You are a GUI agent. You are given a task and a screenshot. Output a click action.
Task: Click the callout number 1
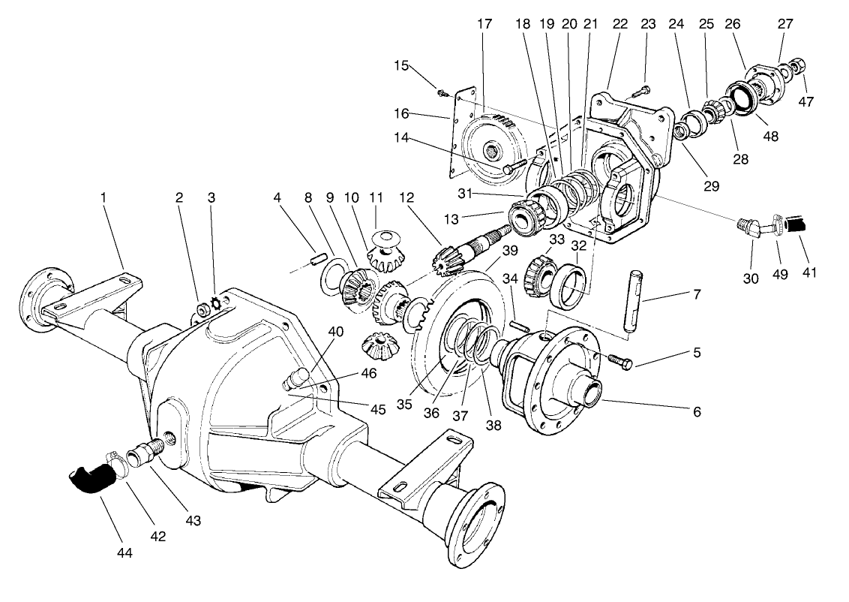point(103,197)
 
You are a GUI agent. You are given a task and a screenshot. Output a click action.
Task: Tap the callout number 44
point(124,553)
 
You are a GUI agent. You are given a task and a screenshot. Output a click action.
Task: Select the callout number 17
point(484,24)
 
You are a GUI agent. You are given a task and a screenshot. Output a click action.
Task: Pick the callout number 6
point(697,412)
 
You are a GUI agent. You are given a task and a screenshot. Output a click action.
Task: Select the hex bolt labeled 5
point(619,361)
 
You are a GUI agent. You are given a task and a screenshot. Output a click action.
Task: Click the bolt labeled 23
point(637,92)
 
